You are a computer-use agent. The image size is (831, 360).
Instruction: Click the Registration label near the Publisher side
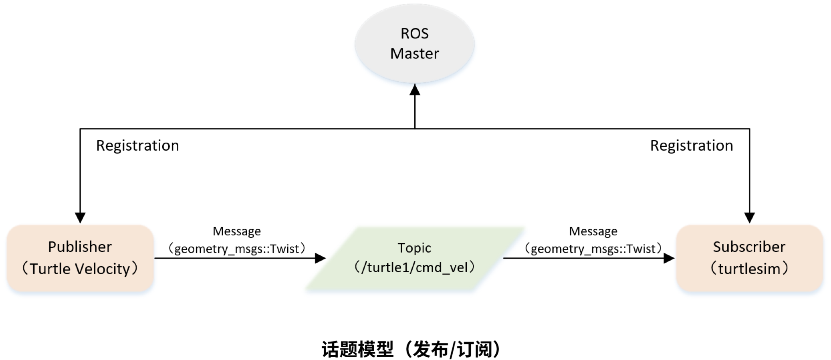(137, 146)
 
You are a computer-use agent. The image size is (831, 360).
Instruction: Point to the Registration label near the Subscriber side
(691, 146)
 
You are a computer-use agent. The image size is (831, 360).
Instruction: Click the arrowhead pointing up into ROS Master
(415, 90)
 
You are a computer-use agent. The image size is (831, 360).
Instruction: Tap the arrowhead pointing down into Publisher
(80, 218)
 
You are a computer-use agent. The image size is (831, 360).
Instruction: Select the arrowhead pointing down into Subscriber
(749, 218)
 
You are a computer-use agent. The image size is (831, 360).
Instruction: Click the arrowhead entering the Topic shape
(320, 258)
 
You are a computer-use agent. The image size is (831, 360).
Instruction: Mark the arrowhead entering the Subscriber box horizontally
(669, 258)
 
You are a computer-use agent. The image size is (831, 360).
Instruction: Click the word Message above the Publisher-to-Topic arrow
(236, 231)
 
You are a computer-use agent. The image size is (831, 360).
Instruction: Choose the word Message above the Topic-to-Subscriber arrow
(593, 231)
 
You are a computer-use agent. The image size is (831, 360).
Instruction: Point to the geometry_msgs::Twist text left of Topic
(236, 249)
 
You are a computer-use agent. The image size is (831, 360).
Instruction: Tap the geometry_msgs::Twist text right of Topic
(593, 249)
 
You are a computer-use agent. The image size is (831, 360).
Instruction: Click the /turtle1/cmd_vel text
(414, 267)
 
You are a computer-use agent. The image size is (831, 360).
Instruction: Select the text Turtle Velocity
(80, 269)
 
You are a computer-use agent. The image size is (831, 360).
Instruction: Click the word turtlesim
(749, 269)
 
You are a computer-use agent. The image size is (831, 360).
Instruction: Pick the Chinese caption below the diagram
(411, 349)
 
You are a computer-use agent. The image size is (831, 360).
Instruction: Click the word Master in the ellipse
(414, 54)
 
